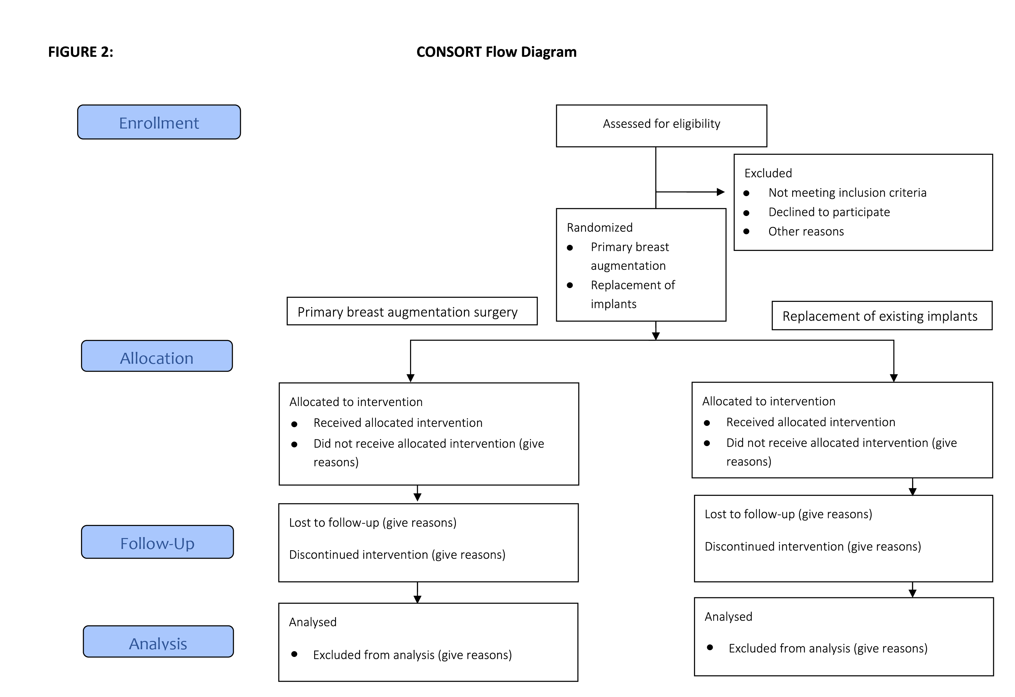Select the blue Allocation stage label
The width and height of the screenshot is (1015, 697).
coord(157,356)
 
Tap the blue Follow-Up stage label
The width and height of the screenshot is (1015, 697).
coord(157,542)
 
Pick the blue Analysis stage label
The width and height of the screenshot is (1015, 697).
coord(158,642)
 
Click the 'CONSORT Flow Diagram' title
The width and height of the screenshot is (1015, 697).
coord(496,52)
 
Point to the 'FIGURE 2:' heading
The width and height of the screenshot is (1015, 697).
coord(81,52)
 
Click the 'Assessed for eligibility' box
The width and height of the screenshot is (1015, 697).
coord(661,126)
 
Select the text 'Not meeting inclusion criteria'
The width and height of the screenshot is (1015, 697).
coord(847,193)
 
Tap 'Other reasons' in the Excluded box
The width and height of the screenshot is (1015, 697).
coord(806,231)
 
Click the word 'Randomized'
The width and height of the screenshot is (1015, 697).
coord(600,228)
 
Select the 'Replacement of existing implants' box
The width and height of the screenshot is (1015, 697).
coord(882,316)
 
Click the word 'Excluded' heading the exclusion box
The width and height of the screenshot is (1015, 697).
coord(768,173)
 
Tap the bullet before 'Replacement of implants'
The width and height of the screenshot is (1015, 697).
coord(570,286)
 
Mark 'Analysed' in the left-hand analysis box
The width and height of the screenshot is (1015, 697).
coord(313,622)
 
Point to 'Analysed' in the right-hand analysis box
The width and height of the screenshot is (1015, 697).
coord(728,617)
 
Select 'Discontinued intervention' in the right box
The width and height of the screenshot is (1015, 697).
coord(774,546)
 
